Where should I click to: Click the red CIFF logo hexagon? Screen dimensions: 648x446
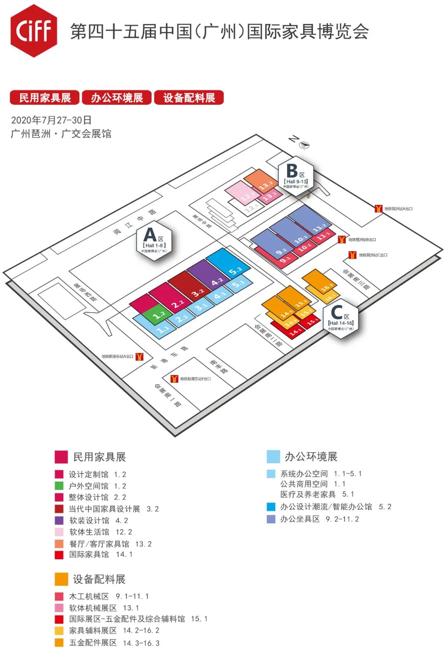34,31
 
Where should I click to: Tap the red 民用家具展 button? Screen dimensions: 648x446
45,98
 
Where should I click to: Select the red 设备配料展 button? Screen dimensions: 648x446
189,98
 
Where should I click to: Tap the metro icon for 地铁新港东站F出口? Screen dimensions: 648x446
174,378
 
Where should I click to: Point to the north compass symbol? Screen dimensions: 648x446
304,145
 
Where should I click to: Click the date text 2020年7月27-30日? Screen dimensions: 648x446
51,120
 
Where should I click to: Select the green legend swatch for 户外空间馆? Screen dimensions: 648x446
59,486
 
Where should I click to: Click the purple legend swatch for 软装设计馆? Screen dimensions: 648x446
59,520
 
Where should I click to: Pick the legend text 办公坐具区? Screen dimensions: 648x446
300,519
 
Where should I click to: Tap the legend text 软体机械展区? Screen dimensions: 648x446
93,608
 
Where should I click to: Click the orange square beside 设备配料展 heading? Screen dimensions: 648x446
61,579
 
